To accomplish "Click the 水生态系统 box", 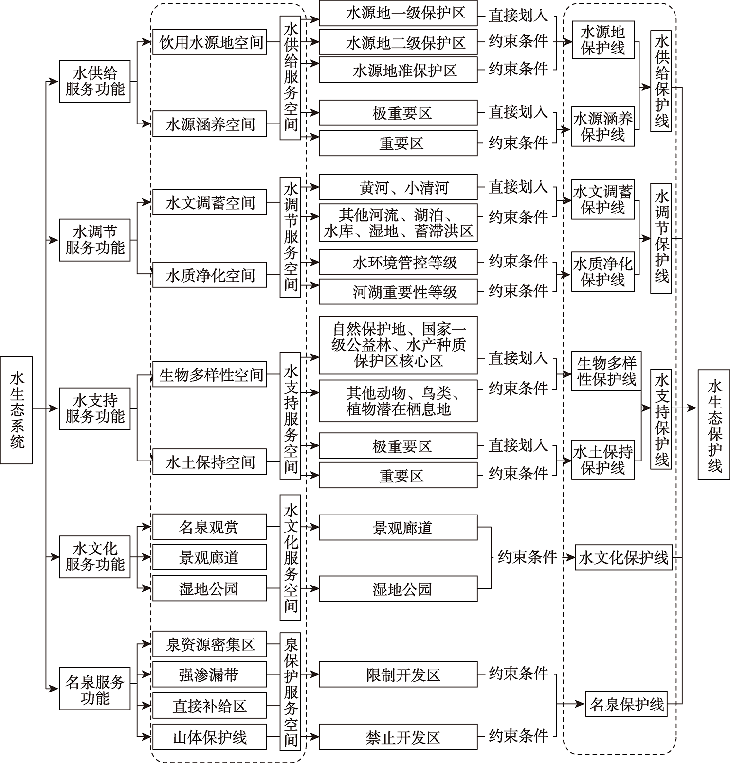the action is click(17, 410).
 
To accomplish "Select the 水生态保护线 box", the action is click(713, 425).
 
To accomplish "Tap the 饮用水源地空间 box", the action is click(210, 42).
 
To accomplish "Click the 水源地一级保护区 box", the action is click(398, 13).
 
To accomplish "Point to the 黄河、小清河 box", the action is click(398, 187).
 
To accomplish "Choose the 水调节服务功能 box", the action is click(95, 240).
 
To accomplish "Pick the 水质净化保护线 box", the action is click(603, 271).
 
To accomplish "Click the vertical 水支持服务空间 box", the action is click(291, 416).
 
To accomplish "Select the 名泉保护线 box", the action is click(626, 704).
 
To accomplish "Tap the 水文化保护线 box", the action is click(623, 557).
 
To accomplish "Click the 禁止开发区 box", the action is click(398, 737).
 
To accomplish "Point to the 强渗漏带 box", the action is click(210, 674).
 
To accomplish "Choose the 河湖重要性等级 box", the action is click(398, 291).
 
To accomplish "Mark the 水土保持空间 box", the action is click(210, 461).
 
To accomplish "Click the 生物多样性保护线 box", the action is click(606, 371).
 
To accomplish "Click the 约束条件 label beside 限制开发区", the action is click(518, 674).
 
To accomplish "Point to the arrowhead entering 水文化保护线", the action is click(571, 557).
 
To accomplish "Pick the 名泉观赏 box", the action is click(210, 527).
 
